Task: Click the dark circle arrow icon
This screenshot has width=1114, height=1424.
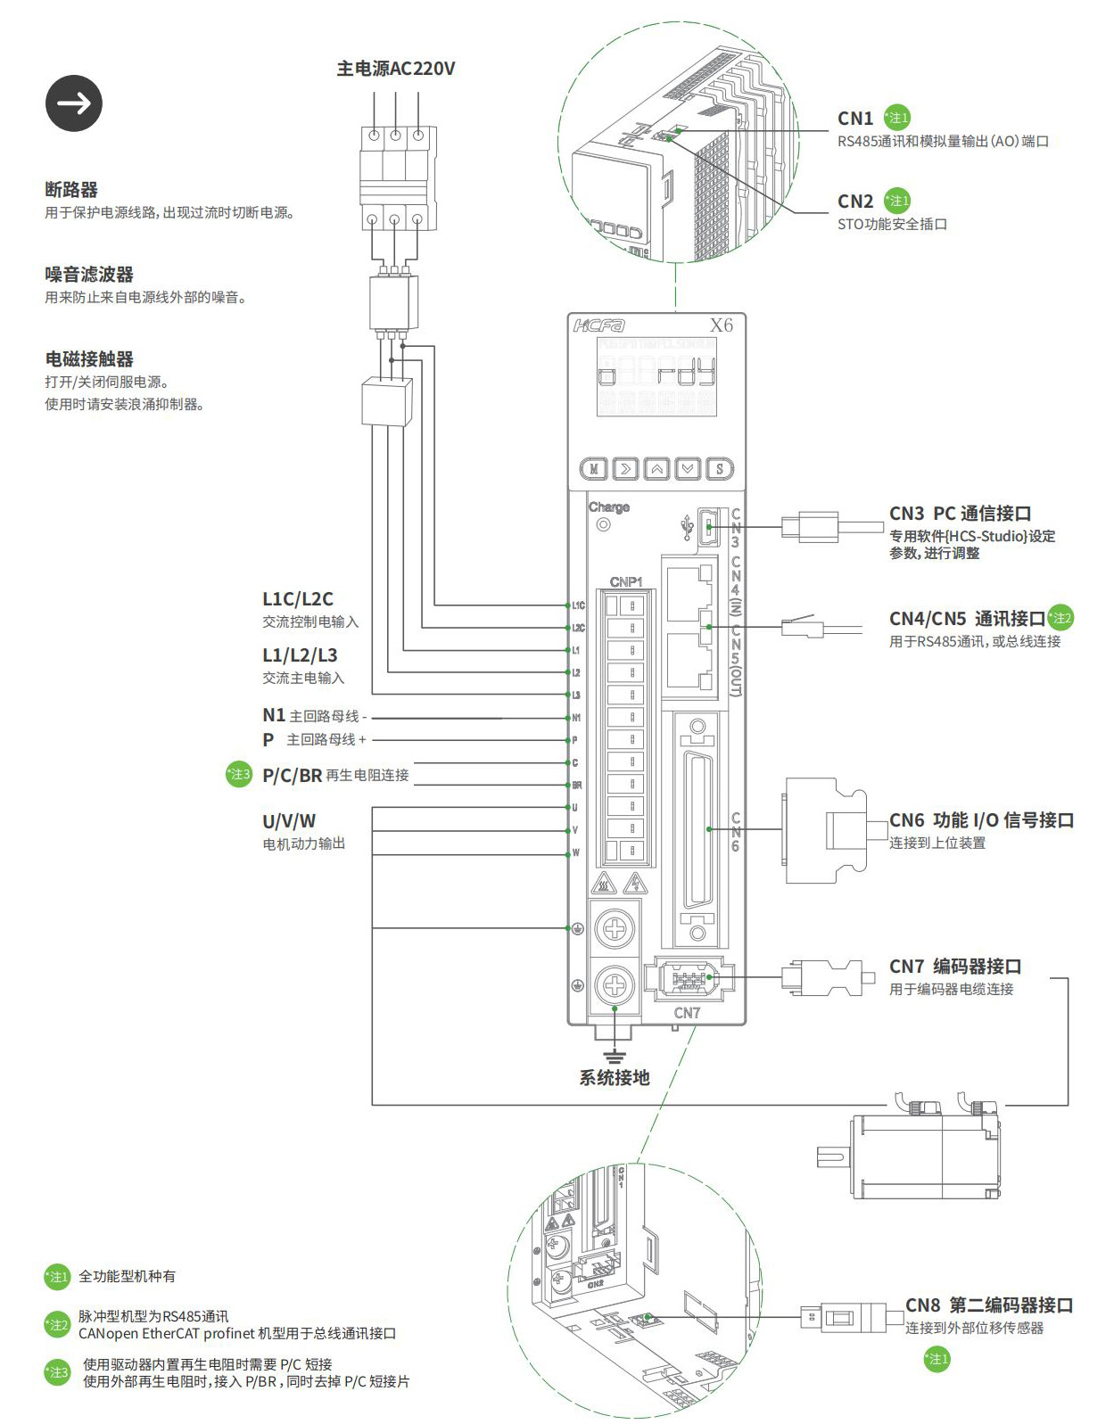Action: click(74, 103)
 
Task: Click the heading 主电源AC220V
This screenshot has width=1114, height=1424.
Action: click(395, 69)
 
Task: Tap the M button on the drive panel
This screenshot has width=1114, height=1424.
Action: click(594, 468)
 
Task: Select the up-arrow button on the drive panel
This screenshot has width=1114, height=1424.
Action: click(656, 468)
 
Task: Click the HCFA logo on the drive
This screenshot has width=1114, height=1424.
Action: click(598, 325)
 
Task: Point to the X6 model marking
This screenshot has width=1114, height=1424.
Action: click(721, 325)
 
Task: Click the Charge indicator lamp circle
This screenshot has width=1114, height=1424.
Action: click(604, 524)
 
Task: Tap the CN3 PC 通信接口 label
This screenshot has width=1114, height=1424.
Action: click(960, 513)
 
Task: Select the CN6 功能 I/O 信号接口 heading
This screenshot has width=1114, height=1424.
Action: click(981, 819)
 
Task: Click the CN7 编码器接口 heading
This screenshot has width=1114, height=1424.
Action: click(954, 966)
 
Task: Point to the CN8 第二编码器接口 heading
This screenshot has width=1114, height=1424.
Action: click(988, 1305)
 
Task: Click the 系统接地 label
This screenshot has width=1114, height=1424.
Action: click(615, 1077)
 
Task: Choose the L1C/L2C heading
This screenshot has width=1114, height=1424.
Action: click(298, 599)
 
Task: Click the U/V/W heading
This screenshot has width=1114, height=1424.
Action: click(289, 821)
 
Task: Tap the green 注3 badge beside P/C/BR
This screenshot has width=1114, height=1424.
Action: click(239, 774)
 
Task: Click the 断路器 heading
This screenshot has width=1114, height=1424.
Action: click(71, 189)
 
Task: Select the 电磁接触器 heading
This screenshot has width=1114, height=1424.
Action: click(89, 358)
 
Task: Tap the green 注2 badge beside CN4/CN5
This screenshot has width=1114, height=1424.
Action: click(1060, 617)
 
